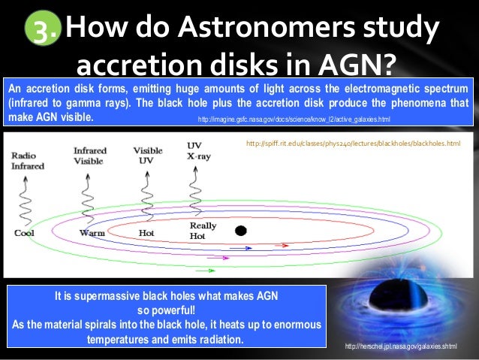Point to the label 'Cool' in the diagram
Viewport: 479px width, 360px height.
click(x=24, y=233)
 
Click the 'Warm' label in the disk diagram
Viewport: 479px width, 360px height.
click(x=92, y=233)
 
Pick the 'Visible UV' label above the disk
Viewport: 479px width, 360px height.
click(x=147, y=156)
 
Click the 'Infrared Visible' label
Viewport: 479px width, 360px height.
click(x=90, y=156)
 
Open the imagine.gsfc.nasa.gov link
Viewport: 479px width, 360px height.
click(x=294, y=119)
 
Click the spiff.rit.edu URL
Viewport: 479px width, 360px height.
click(x=353, y=143)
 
